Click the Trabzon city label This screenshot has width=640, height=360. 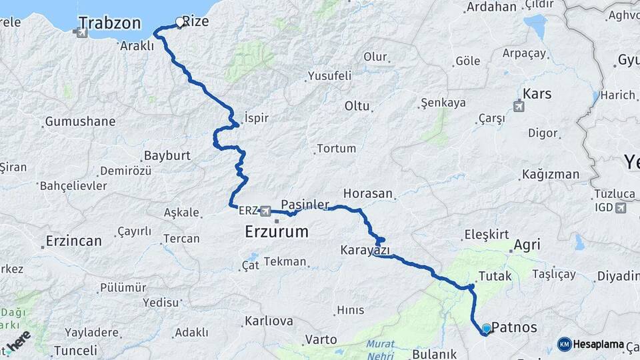pyautogui.click(x=109, y=23)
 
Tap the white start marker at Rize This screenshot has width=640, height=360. pyautogui.click(x=179, y=22)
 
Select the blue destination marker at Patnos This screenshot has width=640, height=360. pyautogui.click(x=486, y=329)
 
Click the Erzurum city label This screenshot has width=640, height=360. pyautogui.click(x=277, y=232)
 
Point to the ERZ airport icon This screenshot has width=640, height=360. pyautogui.click(x=266, y=211)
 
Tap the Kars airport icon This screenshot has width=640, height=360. pyautogui.click(x=519, y=105)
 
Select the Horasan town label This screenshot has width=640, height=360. pyautogui.click(x=368, y=193)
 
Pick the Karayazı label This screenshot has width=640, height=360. pyautogui.click(x=365, y=251)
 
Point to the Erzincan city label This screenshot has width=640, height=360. pyautogui.click(x=73, y=241)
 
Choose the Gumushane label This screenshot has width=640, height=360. pyautogui.click(x=80, y=122)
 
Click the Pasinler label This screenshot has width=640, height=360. pyautogui.click(x=305, y=203)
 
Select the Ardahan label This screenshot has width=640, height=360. pyautogui.click(x=492, y=7)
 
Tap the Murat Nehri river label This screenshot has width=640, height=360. pyautogui.click(x=380, y=348)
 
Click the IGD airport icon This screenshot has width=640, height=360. pyautogui.click(x=622, y=208)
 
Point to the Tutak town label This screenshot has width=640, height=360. pyautogui.click(x=495, y=276)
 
